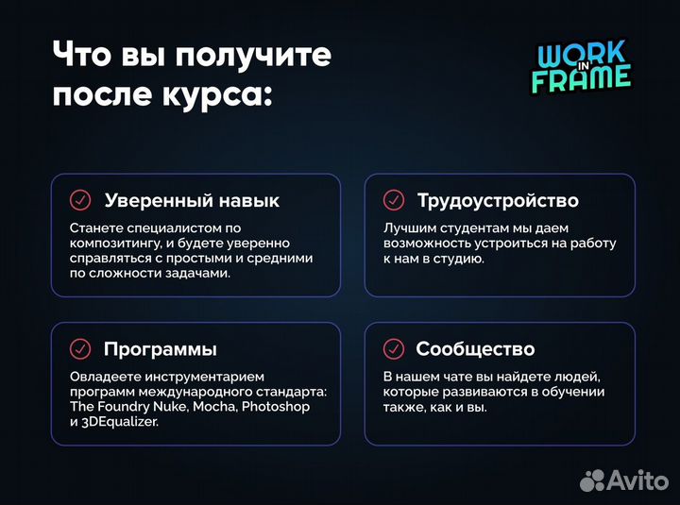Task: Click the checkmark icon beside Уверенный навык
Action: coord(80,200)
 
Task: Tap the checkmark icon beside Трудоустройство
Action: coord(393,200)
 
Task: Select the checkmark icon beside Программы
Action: coord(80,349)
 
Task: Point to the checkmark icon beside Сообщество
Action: coord(393,349)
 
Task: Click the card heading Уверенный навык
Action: coord(192,200)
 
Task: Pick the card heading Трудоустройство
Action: coord(498,200)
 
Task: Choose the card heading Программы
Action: coord(161,349)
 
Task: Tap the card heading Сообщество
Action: coord(475,349)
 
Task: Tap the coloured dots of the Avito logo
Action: coord(593,480)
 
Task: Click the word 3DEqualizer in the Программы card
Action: coord(123,423)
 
